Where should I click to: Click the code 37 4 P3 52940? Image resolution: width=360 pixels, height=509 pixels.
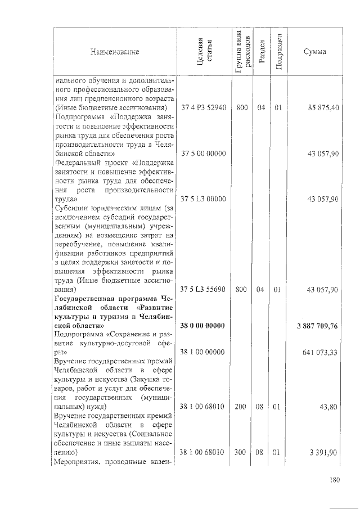(202, 107)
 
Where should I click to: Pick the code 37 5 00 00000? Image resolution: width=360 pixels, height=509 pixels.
(202, 154)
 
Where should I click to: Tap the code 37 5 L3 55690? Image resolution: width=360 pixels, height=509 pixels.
(202, 289)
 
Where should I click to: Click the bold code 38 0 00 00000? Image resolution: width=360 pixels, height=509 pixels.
(202, 326)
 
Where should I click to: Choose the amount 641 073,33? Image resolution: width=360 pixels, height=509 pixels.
(318, 353)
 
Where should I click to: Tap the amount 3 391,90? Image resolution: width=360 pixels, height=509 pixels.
(322, 452)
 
